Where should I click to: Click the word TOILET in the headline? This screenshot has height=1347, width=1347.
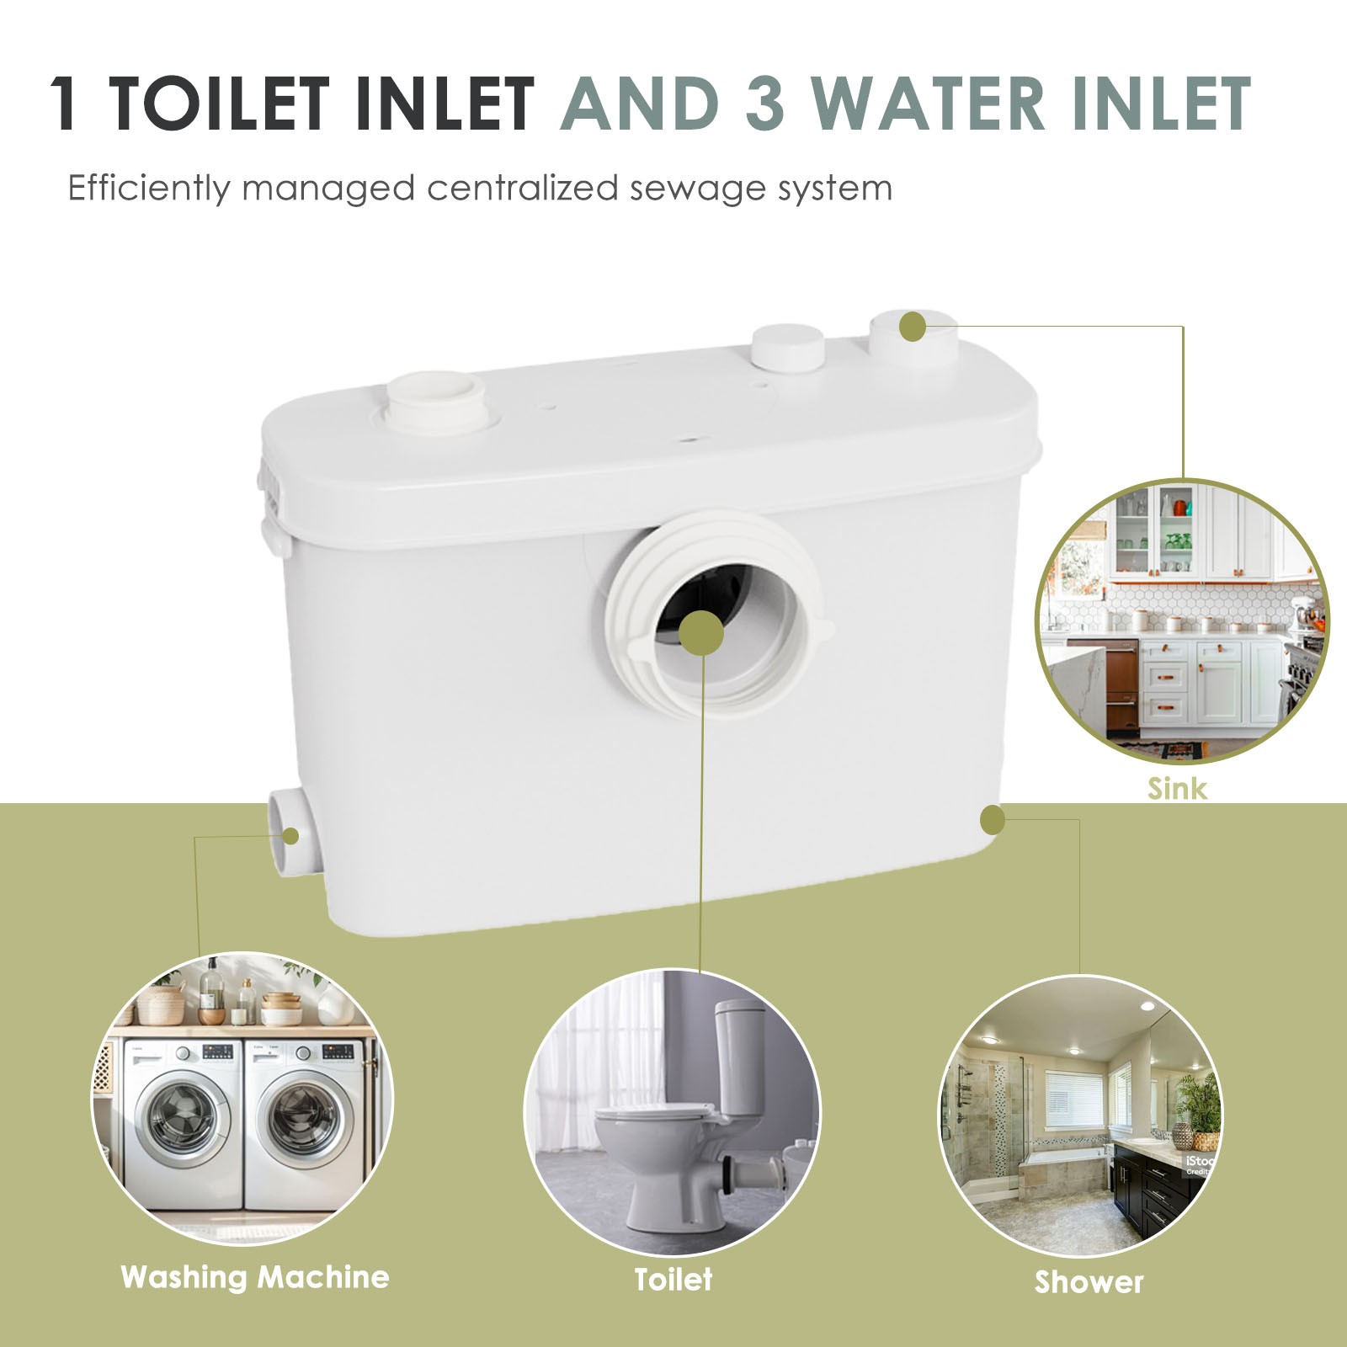(x=217, y=104)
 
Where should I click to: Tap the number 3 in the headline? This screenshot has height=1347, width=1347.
(x=764, y=104)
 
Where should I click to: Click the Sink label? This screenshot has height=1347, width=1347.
(x=1176, y=789)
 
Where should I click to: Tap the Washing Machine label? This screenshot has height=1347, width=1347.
(x=254, y=1277)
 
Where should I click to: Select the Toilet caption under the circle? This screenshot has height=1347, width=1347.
(x=673, y=1280)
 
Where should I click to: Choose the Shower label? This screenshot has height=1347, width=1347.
(x=1089, y=1282)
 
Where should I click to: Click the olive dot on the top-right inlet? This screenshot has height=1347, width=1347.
(x=912, y=327)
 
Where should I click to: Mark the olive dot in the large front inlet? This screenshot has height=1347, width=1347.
(x=700, y=632)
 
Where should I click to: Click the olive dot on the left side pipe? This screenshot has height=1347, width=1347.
(x=290, y=836)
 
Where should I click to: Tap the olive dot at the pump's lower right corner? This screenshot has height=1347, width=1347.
(x=993, y=819)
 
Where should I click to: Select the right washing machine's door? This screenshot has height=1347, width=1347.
(x=304, y=1121)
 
